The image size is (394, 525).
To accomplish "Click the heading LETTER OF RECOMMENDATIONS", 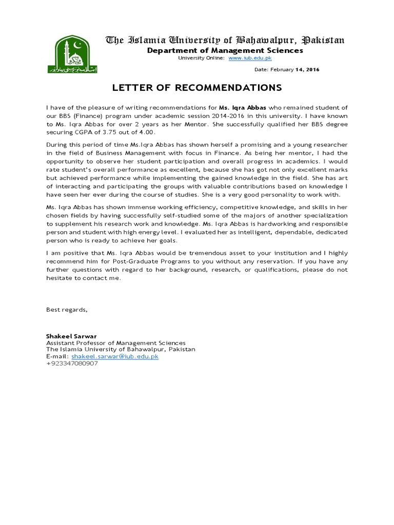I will [197, 88].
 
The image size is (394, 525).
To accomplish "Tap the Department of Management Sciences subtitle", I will [225, 50].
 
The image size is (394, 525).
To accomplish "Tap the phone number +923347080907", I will [72, 363].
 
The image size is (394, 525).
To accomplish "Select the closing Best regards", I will [67, 310].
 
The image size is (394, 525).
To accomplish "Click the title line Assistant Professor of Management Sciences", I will [116, 342].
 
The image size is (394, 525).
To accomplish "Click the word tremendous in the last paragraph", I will [176, 253].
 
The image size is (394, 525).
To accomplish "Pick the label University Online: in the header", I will [201, 58].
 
